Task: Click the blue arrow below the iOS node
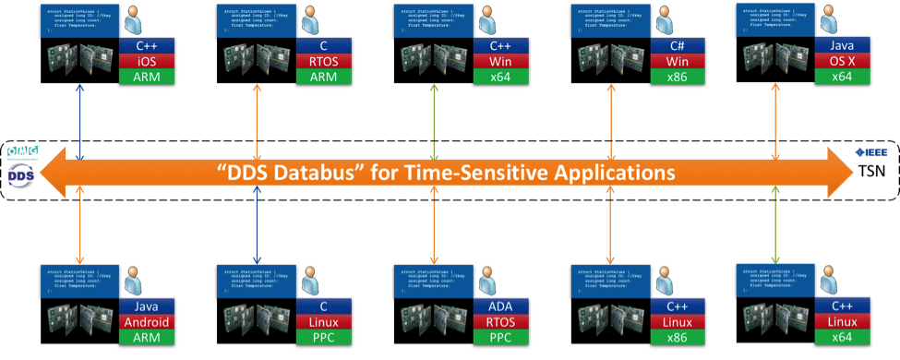tap(81, 115)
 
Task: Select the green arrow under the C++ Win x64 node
tap(435, 115)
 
